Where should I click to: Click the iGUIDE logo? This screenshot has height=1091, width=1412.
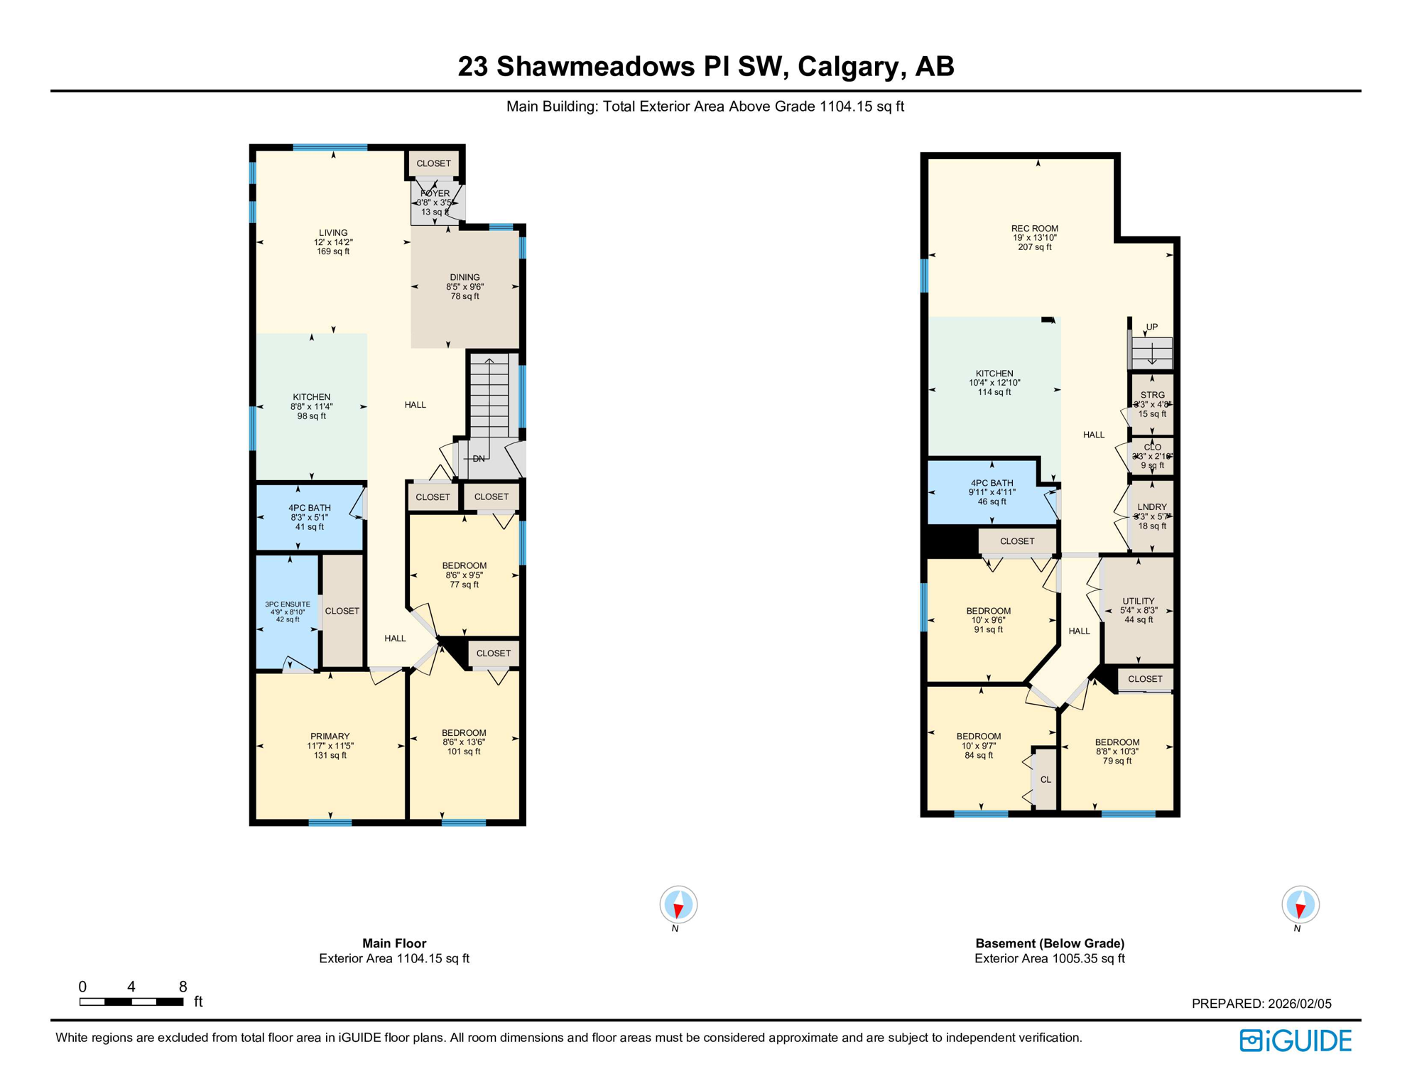1295,1041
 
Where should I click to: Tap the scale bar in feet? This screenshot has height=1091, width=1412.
131,1001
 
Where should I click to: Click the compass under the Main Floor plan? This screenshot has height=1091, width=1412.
678,905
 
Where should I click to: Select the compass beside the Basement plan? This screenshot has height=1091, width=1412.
1300,905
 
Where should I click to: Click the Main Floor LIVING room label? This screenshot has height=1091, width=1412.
333,233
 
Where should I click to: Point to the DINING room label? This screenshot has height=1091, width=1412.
465,278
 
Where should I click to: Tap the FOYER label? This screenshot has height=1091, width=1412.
435,193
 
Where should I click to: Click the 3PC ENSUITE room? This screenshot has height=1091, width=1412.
288,612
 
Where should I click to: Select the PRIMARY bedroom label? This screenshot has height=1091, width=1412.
330,737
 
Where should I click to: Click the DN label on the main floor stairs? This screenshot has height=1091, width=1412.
479,459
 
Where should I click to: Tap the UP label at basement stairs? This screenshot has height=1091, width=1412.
1151,327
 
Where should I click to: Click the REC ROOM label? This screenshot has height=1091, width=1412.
1034,229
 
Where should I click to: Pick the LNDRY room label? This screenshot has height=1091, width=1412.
1151,507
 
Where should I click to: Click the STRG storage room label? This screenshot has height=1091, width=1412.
1152,395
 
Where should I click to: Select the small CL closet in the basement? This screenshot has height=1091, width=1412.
1046,780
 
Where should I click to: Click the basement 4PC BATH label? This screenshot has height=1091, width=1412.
992,483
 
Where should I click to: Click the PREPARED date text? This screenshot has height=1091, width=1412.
1261,1004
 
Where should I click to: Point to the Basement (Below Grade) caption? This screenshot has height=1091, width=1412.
1049,943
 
